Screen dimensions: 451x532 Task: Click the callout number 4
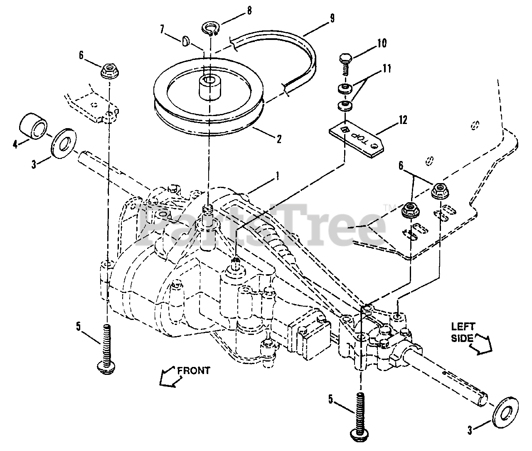click(x=16, y=145)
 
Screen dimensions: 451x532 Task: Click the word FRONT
click(x=194, y=370)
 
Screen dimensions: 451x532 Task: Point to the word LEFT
click(x=463, y=327)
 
